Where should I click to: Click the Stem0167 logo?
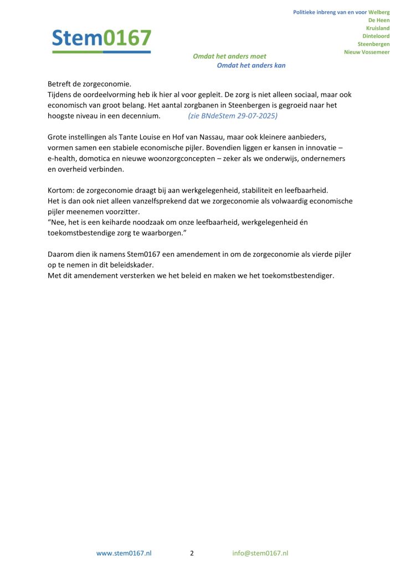coord(101,39)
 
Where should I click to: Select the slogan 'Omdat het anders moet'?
coord(229,56)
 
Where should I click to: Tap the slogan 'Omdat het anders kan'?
coord(251,65)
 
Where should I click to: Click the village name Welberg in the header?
coord(378,12)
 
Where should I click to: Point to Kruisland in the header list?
coord(378,28)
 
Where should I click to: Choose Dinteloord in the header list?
coord(376,36)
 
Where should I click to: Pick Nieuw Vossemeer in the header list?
coord(367,52)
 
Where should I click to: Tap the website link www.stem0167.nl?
coord(124,553)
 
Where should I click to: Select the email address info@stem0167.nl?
coord(260,553)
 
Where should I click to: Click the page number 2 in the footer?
coord(192,553)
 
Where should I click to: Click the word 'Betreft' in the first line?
coord(59,84)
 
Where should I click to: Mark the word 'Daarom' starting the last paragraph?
coord(61,254)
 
